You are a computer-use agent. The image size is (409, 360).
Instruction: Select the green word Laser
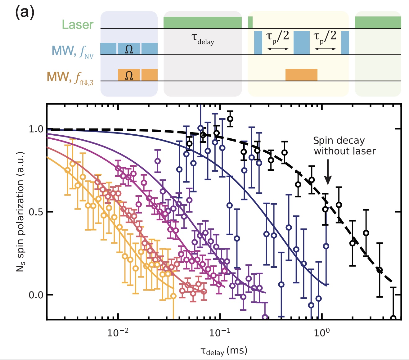[78, 25]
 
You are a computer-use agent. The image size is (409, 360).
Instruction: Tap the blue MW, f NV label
[72, 51]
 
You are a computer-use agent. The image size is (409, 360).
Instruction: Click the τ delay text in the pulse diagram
[203, 39]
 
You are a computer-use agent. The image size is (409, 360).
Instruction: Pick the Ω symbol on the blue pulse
[129, 49]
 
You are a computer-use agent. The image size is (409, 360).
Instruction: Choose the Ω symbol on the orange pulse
[129, 75]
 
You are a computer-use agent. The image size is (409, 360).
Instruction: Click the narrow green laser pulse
[250, 22]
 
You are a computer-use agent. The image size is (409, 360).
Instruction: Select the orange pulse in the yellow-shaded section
[301, 75]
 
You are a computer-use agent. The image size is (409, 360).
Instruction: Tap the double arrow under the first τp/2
[278, 49]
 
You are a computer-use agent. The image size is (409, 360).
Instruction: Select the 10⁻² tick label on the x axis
[118, 333]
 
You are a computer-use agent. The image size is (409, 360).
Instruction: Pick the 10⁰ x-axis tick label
[322, 333]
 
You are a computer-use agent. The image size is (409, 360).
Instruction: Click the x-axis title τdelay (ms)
[224, 351]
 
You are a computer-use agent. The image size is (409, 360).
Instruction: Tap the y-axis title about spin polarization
[20, 212]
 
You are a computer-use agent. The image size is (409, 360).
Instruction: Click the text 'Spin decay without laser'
[344, 146]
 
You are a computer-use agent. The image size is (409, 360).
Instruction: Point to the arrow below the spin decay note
[328, 175]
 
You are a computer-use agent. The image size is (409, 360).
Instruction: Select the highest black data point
[230, 119]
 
